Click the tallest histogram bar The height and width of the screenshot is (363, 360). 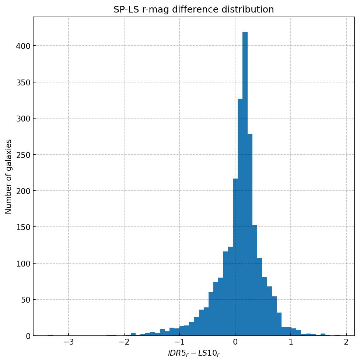pos(245,184)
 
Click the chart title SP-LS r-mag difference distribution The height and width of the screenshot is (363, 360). pos(193,10)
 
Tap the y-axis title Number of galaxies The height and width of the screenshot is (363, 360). pos(9,176)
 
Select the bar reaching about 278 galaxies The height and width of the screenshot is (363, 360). pos(250,236)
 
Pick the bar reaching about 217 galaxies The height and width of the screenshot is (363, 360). pos(235,258)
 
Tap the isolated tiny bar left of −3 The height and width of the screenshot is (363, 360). pos(50,335)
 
